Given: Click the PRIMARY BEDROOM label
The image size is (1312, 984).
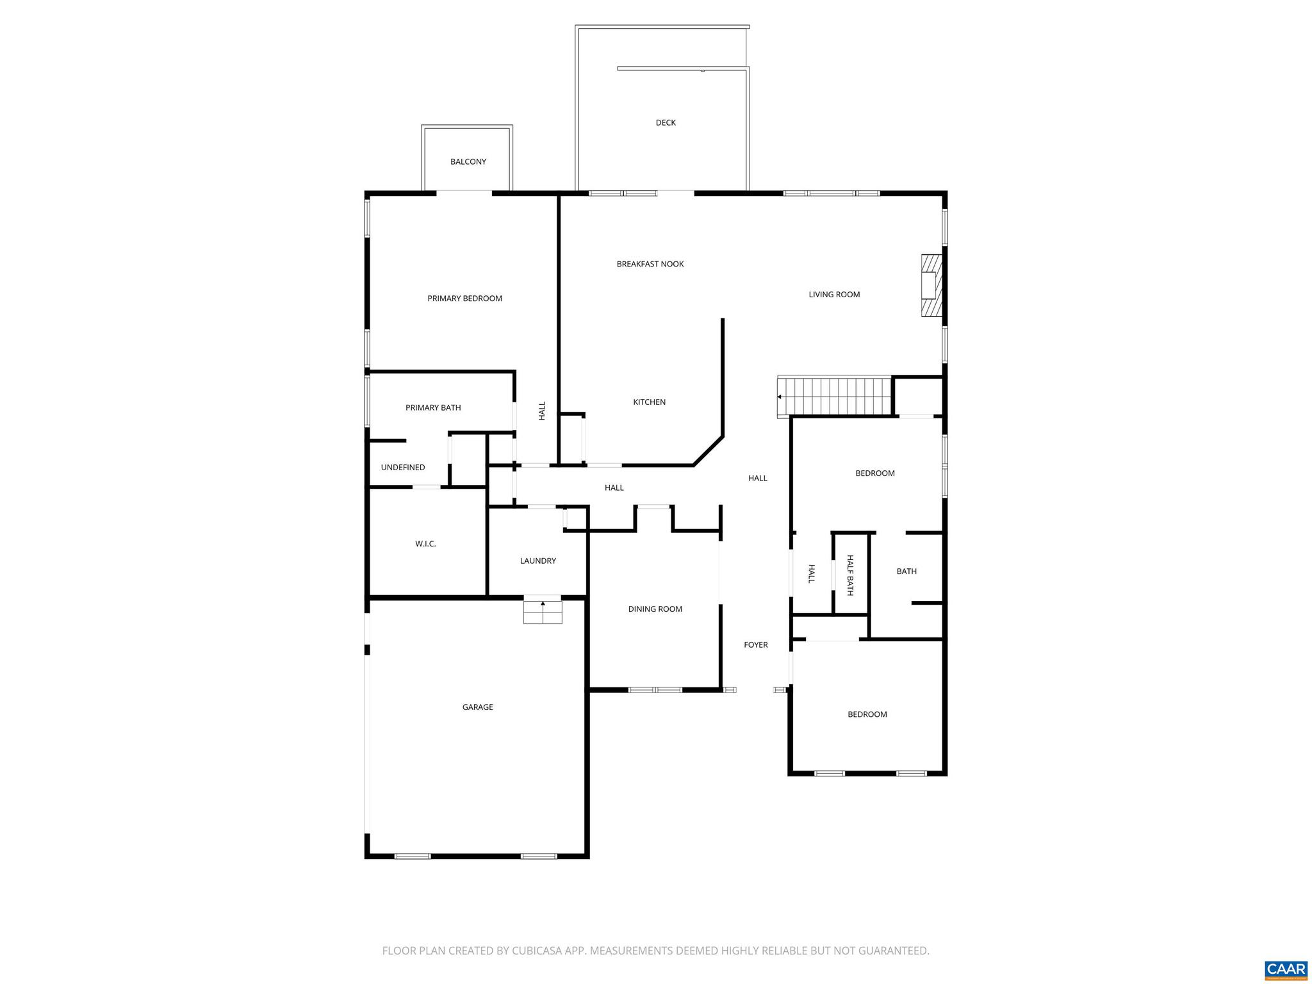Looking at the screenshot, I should pyautogui.click(x=464, y=299).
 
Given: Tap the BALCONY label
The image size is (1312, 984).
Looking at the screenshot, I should pyautogui.click(x=468, y=162).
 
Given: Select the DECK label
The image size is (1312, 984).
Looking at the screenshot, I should pyautogui.click(x=666, y=123).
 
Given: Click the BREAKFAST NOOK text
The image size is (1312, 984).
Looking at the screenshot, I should pyautogui.click(x=650, y=264).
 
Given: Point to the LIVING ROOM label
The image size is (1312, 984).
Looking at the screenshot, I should pyautogui.click(x=833, y=295).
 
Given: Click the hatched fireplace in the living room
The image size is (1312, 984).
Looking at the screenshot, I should pyautogui.click(x=931, y=286).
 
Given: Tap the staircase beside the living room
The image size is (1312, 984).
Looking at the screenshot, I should pyautogui.click(x=835, y=397).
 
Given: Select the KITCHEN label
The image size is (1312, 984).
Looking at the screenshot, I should pyautogui.click(x=649, y=402).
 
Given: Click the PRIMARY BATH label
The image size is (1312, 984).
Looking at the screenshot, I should pyautogui.click(x=432, y=408).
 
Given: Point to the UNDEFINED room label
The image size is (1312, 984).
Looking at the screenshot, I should pyautogui.click(x=402, y=468).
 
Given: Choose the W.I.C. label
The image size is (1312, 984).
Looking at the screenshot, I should pyautogui.click(x=425, y=544).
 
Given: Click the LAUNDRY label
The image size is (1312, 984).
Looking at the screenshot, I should pyautogui.click(x=537, y=561).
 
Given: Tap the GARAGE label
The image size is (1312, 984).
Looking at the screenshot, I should pyautogui.click(x=477, y=707).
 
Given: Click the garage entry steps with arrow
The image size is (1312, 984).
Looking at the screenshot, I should pyautogui.click(x=543, y=612).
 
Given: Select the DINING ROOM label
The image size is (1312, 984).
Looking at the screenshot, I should pyautogui.click(x=655, y=609).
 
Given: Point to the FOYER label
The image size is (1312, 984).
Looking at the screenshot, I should pyautogui.click(x=755, y=645).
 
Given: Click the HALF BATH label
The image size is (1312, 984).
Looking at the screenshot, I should pyautogui.click(x=850, y=575).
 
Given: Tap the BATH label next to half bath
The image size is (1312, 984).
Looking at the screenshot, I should pyautogui.click(x=906, y=571).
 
